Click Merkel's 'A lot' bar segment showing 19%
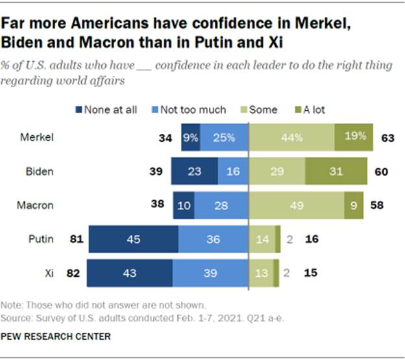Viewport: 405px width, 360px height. click(354, 137)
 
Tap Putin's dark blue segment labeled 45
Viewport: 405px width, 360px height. click(133, 239)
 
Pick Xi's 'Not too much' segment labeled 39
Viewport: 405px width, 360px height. click(210, 273)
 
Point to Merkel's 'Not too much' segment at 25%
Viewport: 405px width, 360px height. click(224, 137)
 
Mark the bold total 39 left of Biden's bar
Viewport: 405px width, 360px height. click(156, 172)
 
